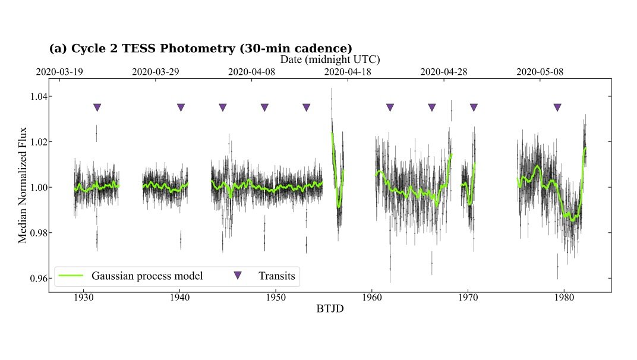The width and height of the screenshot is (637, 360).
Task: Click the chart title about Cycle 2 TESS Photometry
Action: pos(201,48)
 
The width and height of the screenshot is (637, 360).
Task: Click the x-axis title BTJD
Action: pos(330,309)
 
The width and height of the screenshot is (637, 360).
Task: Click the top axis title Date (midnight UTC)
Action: pos(330,60)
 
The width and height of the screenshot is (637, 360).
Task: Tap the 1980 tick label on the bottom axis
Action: pos(564,297)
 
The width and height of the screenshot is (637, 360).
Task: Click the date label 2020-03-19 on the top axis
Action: pos(59,72)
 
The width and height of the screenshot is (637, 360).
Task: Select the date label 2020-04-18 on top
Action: pos(348,72)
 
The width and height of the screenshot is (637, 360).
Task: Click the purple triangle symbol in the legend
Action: pos(238,275)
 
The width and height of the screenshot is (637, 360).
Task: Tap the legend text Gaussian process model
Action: pos(147,276)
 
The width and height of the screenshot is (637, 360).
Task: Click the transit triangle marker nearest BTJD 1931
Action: pos(97,107)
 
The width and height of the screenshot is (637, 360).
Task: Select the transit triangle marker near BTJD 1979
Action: pos(557,107)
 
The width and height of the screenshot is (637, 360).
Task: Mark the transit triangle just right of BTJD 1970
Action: pos(474,107)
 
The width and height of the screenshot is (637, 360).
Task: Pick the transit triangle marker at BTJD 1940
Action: pos(181,107)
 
